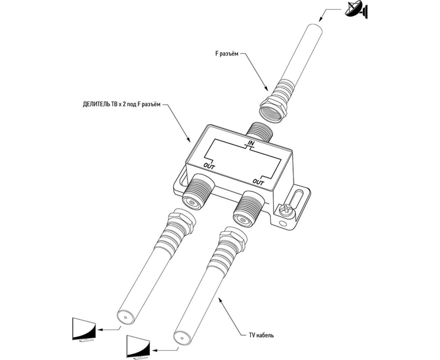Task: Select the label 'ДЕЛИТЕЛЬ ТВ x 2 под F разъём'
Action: point(119,104)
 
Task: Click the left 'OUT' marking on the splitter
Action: point(209,166)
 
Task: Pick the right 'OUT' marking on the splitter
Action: point(258,183)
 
